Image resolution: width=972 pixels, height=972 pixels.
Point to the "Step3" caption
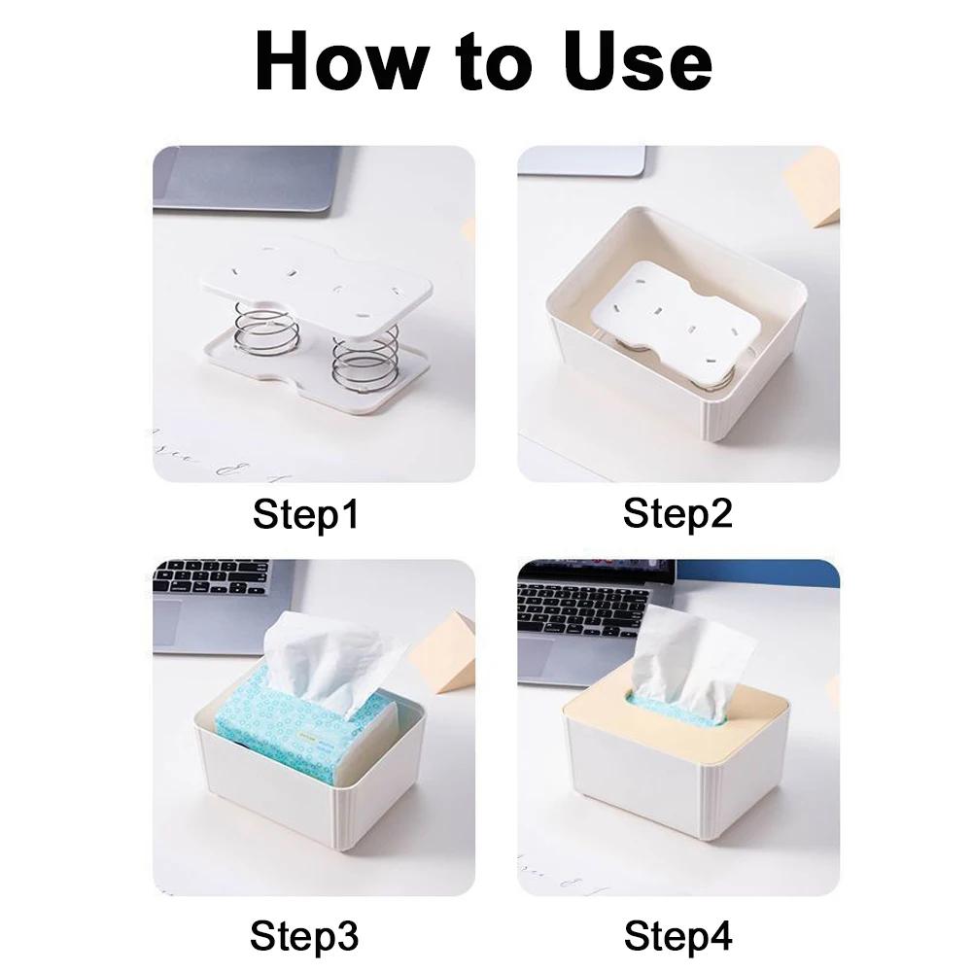(x=304, y=936)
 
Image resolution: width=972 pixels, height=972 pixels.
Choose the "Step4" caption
(x=677, y=936)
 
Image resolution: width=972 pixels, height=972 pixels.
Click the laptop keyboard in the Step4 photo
(x=583, y=607)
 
